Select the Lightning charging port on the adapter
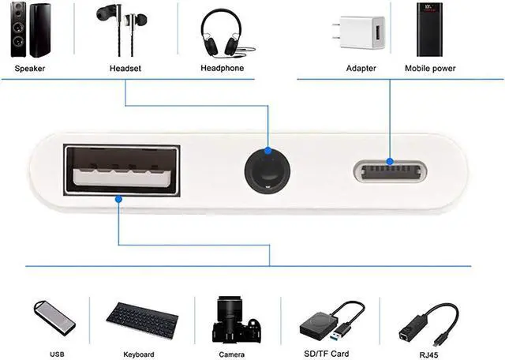pyautogui.click(x=389, y=170)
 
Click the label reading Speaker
pyautogui.click(x=30, y=69)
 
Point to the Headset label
pyautogui.click(x=125, y=69)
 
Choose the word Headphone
pyautogui.click(x=223, y=69)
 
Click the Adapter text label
pyautogui.click(x=361, y=69)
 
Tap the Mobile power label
pyautogui.click(x=430, y=69)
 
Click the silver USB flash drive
pyautogui.click(x=53, y=315)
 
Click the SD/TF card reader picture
pyautogui.click(x=331, y=318)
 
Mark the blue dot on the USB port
pyautogui.click(x=118, y=201)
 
